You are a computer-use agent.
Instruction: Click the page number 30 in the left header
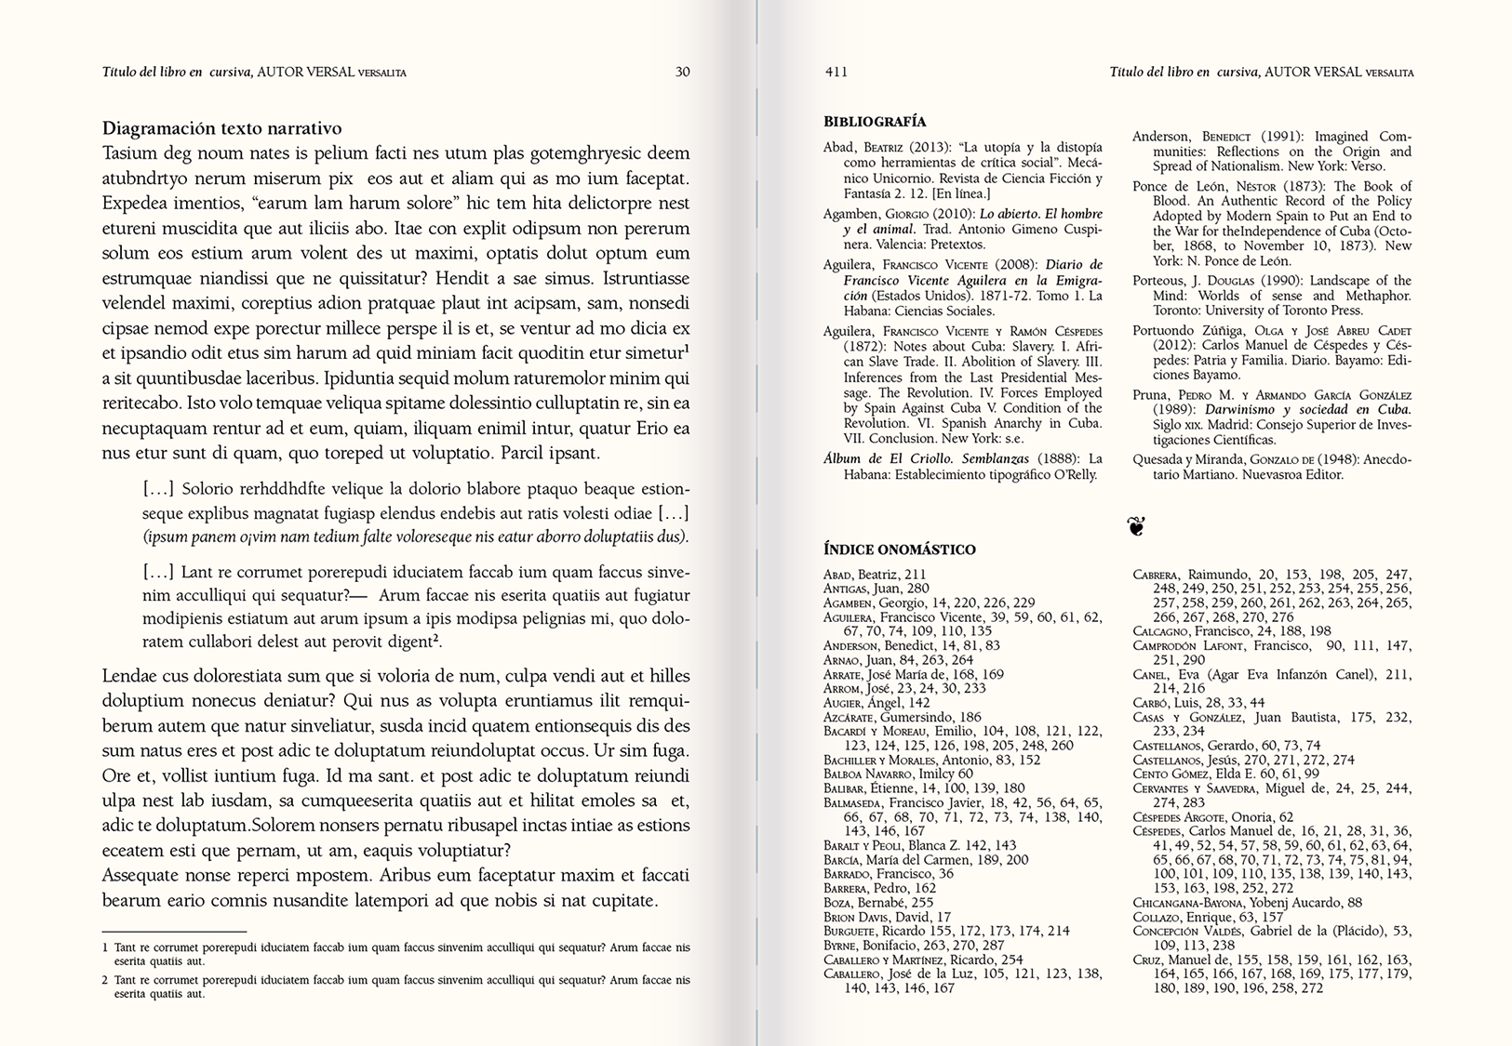click(x=682, y=72)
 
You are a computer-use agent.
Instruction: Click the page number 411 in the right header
click(x=836, y=72)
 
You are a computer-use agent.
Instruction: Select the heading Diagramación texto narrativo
click(x=221, y=128)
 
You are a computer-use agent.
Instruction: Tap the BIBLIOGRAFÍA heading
click(x=875, y=121)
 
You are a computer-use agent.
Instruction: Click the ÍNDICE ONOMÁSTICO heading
click(x=899, y=549)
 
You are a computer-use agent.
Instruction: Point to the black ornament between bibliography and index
click(x=1135, y=526)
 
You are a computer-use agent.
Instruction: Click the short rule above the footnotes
click(x=174, y=931)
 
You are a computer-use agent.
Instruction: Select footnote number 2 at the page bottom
click(x=105, y=979)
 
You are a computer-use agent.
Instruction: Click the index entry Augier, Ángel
click(x=863, y=703)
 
